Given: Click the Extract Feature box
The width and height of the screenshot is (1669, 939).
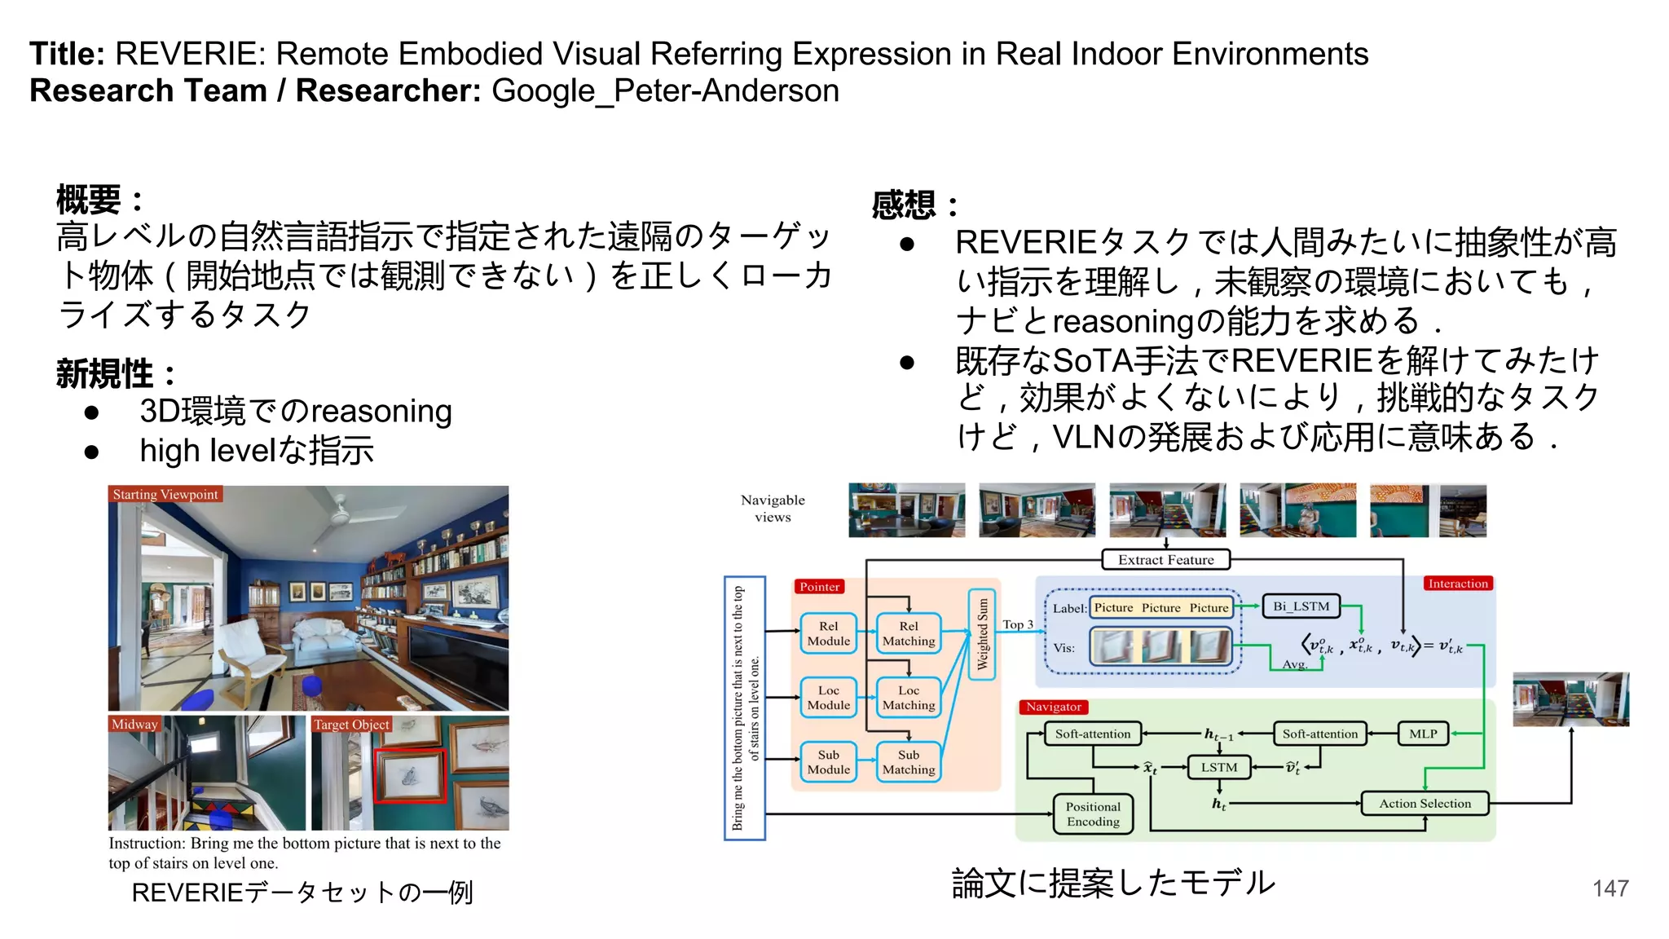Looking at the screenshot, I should [1165, 560].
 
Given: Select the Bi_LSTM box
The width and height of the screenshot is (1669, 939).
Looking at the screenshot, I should [1301, 606].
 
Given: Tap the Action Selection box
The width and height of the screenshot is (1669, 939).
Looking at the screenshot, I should [1425, 804].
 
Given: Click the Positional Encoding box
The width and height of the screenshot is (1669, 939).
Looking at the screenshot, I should [1093, 814].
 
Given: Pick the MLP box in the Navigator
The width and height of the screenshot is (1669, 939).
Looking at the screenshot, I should [1423, 734].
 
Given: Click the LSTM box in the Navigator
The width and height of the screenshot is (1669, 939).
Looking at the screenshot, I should [1218, 767].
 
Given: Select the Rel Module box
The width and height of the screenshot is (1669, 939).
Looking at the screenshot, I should [828, 633].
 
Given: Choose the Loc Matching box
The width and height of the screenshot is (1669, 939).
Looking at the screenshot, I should [909, 698].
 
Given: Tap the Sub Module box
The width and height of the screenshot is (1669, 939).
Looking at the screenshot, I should [828, 762].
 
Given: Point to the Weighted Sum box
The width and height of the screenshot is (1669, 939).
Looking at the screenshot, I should [982, 634].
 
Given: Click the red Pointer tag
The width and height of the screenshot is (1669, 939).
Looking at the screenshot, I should [819, 587].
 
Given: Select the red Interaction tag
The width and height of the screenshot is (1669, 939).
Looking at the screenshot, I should [1458, 584].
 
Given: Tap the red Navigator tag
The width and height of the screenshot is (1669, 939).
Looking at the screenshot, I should [1053, 707].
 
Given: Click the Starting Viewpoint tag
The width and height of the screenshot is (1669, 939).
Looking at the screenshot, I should [165, 495].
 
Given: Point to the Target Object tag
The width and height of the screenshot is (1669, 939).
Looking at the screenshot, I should [351, 725].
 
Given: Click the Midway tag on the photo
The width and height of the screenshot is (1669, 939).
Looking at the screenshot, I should [134, 725].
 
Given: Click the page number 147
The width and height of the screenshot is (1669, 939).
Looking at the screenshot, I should [1610, 888].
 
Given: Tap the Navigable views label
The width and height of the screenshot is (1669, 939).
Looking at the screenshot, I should [773, 508].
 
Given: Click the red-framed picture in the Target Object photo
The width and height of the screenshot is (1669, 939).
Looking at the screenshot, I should [410, 775].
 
